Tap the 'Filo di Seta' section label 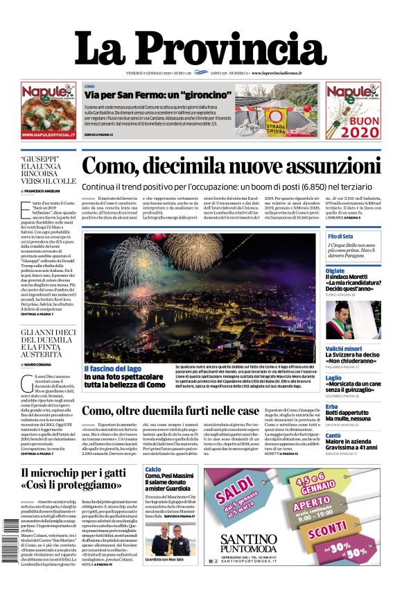[x=342, y=237]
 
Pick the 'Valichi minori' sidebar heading [x=344, y=348]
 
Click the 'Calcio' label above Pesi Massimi [x=153, y=470]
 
